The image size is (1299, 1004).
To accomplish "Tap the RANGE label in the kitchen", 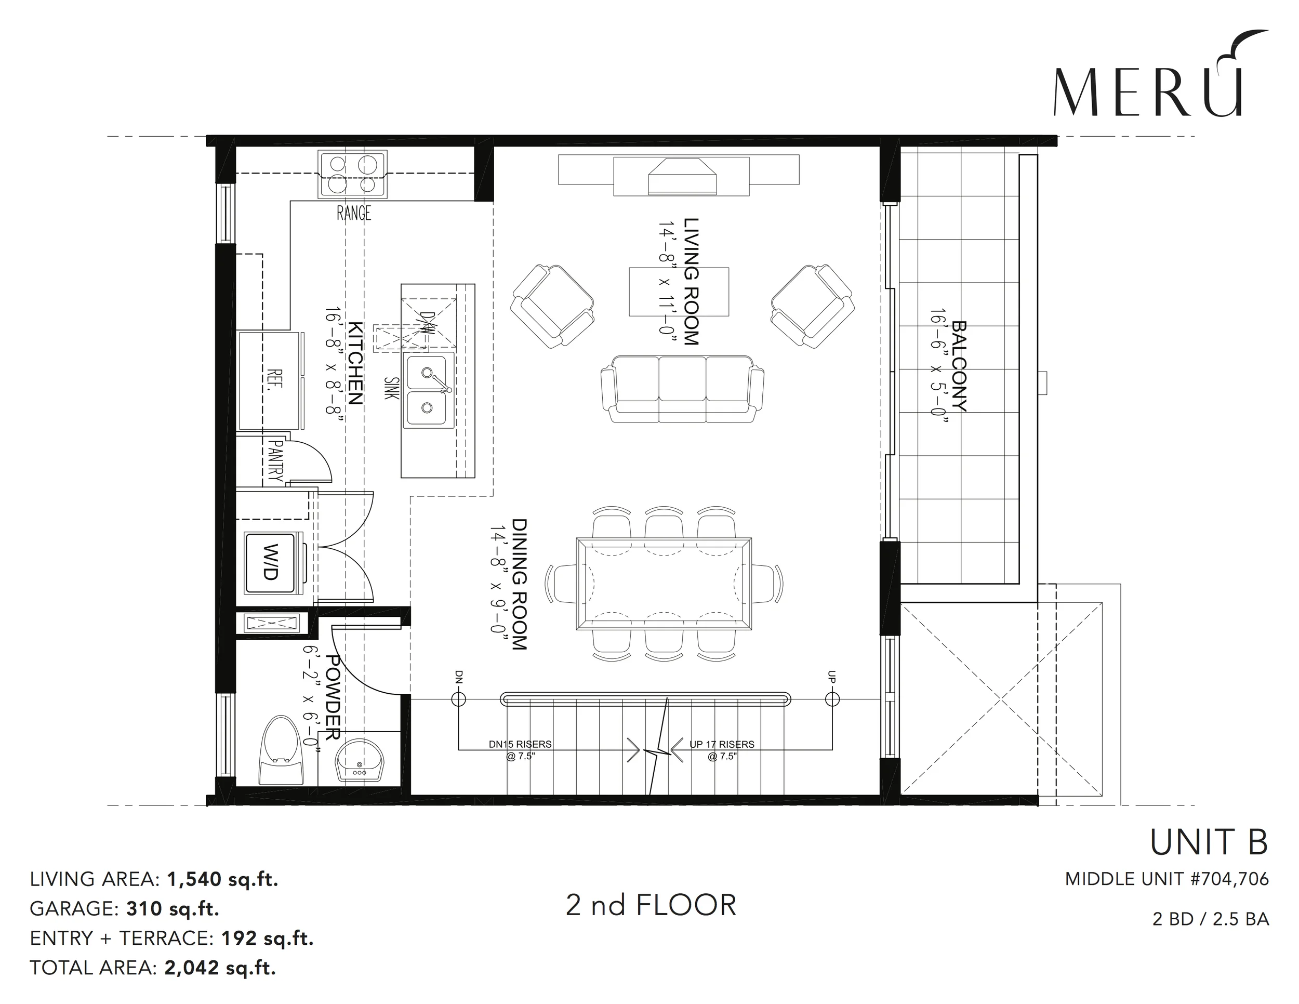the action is tap(354, 213).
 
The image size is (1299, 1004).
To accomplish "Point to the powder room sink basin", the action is tap(360, 760).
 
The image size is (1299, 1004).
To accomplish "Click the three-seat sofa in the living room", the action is tap(682, 390).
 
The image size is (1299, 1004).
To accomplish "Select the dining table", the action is tap(664, 584).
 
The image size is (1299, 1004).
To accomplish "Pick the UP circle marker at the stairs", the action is tap(832, 699).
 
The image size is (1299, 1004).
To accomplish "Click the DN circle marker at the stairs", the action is tap(459, 699).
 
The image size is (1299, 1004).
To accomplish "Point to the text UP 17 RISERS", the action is tap(722, 744).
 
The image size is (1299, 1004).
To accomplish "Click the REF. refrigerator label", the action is tap(275, 378).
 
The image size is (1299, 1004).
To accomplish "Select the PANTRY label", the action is tap(275, 460).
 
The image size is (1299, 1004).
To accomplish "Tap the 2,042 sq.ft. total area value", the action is tap(220, 968).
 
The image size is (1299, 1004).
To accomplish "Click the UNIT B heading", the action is tap(1209, 842).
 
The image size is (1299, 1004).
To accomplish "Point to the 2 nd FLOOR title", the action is tap(651, 905).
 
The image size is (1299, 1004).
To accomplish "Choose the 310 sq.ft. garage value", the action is tap(173, 908).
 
